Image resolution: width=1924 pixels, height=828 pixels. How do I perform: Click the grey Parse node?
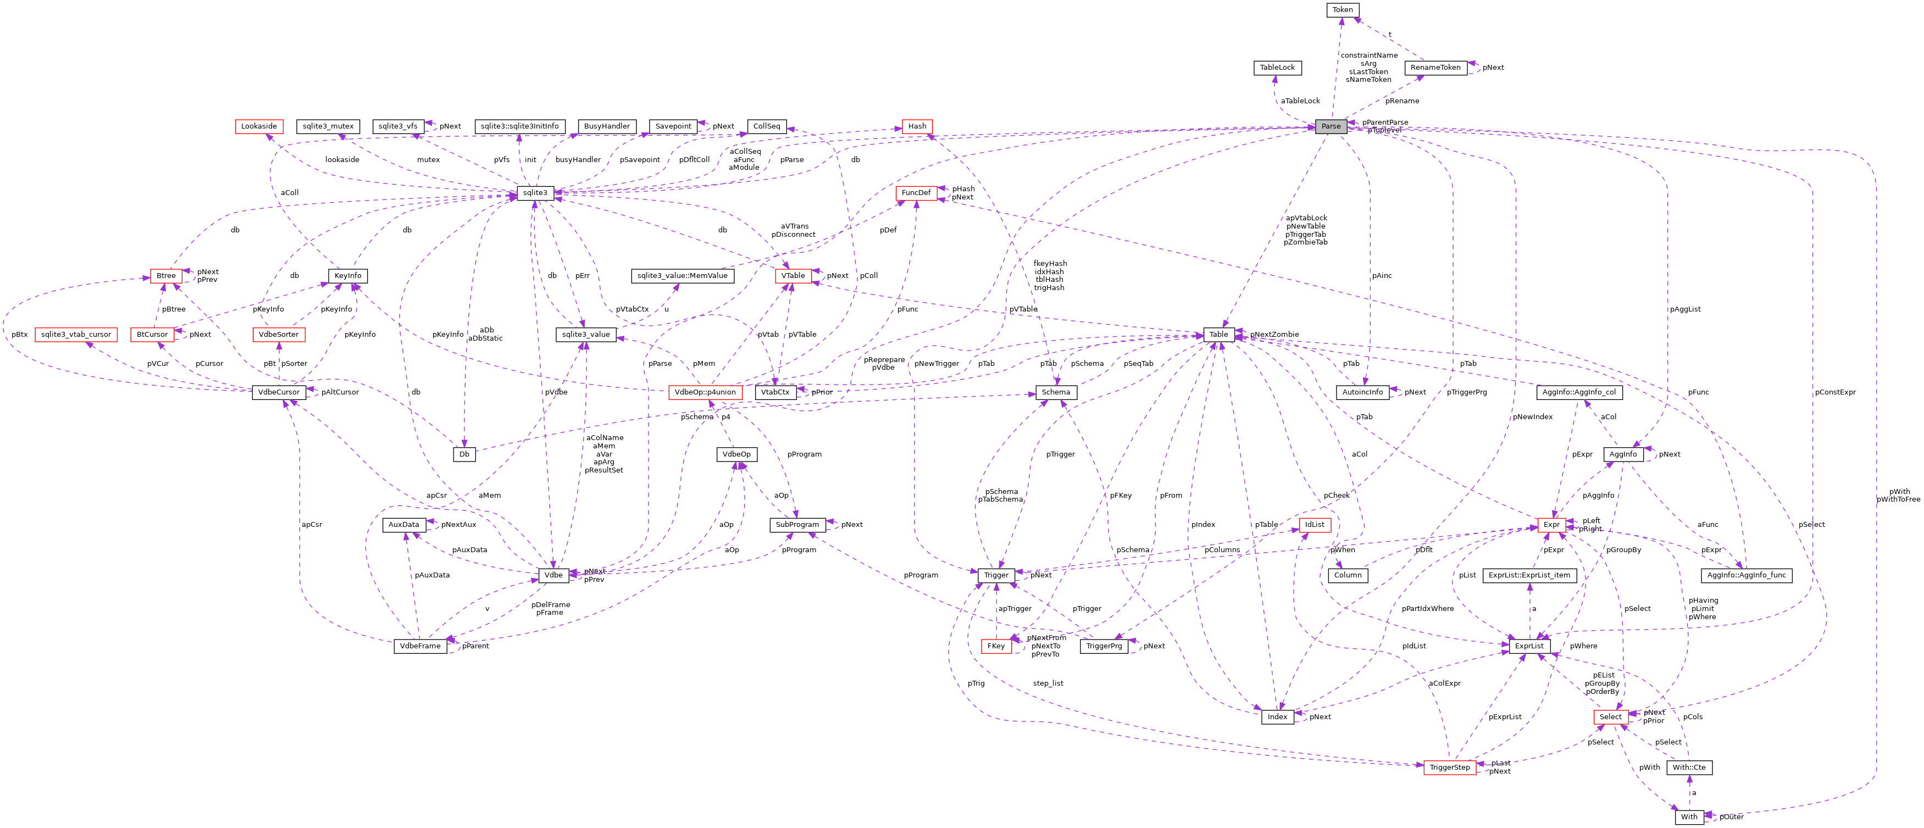pos(1330,126)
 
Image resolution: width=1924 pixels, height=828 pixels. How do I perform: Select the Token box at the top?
pos(1342,10)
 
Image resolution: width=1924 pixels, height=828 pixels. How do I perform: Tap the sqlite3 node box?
pos(535,193)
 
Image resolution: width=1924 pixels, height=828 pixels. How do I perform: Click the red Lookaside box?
pos(259,126)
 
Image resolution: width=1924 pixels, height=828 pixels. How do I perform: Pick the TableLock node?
pos(1277,67)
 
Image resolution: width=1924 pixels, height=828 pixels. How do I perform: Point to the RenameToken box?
pos(1435,67)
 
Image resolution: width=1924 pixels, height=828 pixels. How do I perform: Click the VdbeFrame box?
pos(420,646)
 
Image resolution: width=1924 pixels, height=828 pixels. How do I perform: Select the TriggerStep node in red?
pos(1450,768)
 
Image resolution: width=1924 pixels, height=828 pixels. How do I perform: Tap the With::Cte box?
pos(1689,768)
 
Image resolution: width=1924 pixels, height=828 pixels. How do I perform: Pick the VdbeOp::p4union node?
pos(705,392)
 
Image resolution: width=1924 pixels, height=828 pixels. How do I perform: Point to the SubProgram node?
pos(797,525)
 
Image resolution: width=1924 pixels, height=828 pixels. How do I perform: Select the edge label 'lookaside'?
pos(342,160)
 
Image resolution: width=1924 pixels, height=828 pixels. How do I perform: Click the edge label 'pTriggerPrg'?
pos(1466,392)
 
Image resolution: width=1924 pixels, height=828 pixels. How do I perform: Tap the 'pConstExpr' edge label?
pos(1835,392)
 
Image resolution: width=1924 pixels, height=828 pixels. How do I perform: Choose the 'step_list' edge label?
pos(1048,683)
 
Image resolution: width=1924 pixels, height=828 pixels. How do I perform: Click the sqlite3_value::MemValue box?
pos(682,275)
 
